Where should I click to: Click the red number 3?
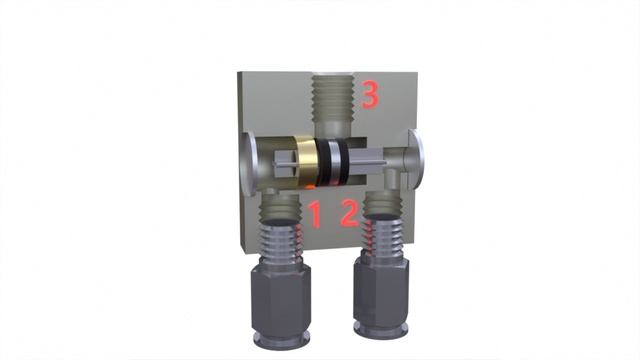(370, 95)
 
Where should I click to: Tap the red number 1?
(315, 214)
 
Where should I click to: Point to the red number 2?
(350, 213)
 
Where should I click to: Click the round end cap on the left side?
(248, 162)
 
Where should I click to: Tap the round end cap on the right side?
(416, 160)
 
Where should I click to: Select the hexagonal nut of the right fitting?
(381, 292)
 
